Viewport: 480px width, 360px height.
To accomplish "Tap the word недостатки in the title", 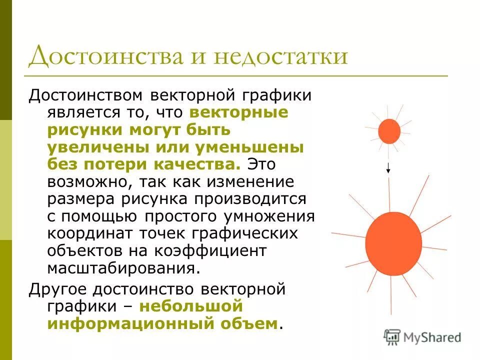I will [x=280, y=56].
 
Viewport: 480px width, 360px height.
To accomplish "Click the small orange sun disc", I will [x=389, y=131].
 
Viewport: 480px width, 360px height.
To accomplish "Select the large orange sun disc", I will [x=393, y=243].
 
